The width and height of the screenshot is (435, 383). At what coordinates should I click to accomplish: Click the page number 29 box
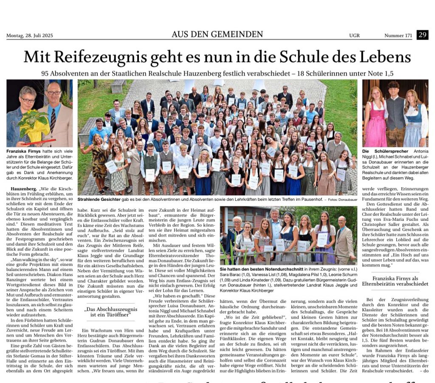pos(422,35)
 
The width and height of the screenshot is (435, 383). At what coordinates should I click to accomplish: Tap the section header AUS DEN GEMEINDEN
pos(217,34)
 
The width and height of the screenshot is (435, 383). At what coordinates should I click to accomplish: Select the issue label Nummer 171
pos(398,36)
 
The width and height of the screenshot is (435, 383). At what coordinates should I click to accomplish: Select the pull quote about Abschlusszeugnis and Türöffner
pos(106,313)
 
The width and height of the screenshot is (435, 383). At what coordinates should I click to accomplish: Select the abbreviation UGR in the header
pos(354,36)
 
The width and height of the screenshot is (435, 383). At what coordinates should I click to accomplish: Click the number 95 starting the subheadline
pos(46,73)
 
